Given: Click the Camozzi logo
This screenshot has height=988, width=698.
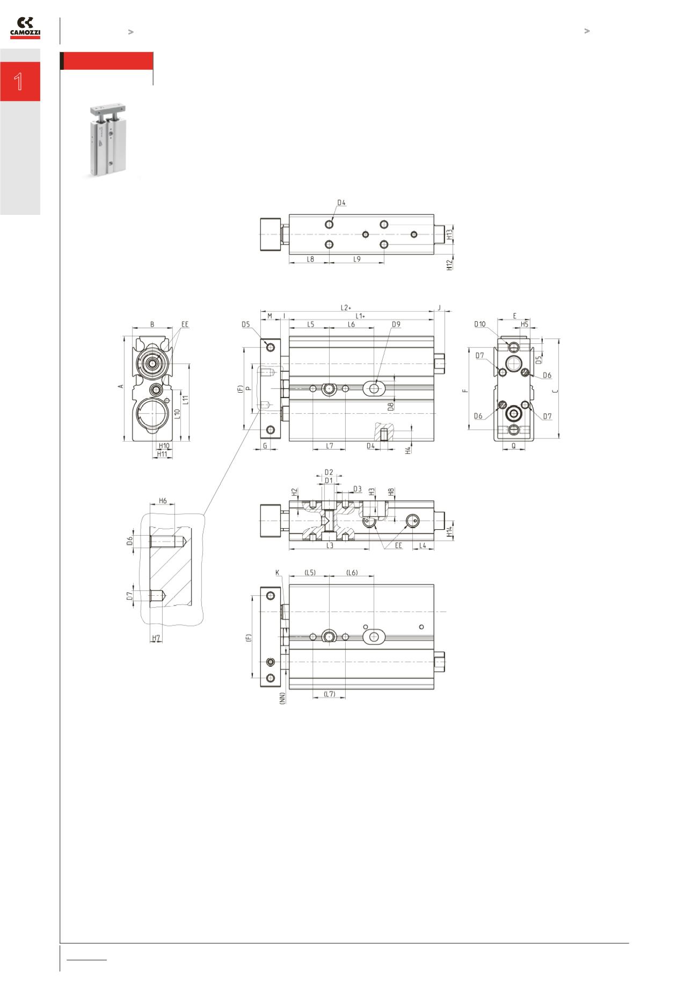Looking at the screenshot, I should point(25,28).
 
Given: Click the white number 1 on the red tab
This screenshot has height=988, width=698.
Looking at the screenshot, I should point(19,82).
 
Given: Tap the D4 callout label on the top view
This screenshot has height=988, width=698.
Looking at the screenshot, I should point(341,203).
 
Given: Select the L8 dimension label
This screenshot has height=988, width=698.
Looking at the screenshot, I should point(310,259).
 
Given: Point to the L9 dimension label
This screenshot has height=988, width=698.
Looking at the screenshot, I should point(357,259).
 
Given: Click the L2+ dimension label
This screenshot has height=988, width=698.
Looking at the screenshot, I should point(346,308).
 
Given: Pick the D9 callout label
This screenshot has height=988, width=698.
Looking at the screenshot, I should point(396,324).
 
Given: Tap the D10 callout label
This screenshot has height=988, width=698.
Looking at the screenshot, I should point(479,324).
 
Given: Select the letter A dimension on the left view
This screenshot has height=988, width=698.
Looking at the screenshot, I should point(121,386).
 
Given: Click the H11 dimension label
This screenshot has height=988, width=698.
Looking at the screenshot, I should point(162,454).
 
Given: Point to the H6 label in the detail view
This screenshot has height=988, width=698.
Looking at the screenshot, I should point(163,501).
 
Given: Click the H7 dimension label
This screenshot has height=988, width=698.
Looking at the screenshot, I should point(156,638).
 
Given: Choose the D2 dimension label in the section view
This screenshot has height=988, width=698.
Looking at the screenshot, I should point(329,472).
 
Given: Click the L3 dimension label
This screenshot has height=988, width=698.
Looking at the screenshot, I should point(330,545).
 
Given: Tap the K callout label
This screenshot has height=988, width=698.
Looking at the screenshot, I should point(278,573).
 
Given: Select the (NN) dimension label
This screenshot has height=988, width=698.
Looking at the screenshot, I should point(282,698).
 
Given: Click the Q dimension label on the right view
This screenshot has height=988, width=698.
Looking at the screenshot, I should point(513,445).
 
